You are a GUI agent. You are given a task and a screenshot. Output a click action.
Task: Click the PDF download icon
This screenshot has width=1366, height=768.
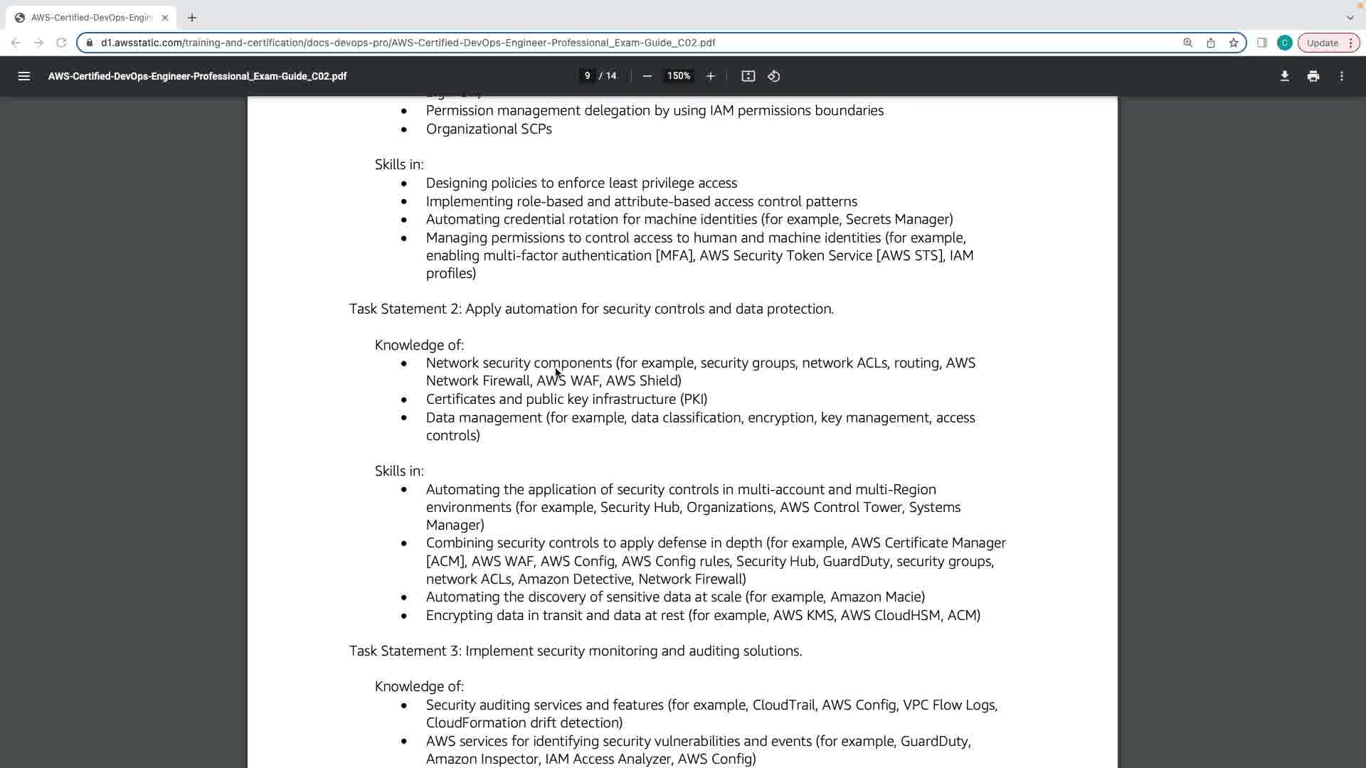(x=1284, y=76)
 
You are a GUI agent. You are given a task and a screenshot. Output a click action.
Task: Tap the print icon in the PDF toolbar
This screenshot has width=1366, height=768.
(x=1313, y=76)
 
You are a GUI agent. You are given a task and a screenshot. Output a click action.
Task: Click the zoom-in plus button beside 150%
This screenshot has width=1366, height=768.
(x=710, y=76)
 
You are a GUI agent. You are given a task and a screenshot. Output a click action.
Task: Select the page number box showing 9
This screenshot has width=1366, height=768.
(x=587, y=76)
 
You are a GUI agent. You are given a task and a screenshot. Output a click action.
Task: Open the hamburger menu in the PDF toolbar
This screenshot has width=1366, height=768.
(x=23, y=76)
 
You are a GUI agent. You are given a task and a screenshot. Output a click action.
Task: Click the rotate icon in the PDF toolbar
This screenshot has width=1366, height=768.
(x=774, y=76)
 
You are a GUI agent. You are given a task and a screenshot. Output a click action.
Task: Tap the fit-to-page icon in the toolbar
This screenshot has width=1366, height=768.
(x=748, y=76)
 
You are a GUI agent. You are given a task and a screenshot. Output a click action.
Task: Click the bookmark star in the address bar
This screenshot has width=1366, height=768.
(x=1234, y=43)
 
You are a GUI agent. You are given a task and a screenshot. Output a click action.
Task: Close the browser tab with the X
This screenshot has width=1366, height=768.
(x=165, y=18)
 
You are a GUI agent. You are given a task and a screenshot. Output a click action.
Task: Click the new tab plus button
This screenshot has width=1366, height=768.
(x=192, y=18)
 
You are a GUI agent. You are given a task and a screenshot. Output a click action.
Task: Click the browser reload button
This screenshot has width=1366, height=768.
(x=61, y=43)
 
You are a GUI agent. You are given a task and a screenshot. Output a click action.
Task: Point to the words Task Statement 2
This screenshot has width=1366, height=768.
(x=405, y=309)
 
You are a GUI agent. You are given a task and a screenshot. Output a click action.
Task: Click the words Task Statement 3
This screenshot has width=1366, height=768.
(x=405, y=651)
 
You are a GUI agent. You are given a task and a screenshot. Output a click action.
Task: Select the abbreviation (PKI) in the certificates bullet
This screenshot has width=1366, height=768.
(x=694, y=400)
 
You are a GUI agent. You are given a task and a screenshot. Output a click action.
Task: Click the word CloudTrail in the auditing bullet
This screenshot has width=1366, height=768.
(x=783, y=705)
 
